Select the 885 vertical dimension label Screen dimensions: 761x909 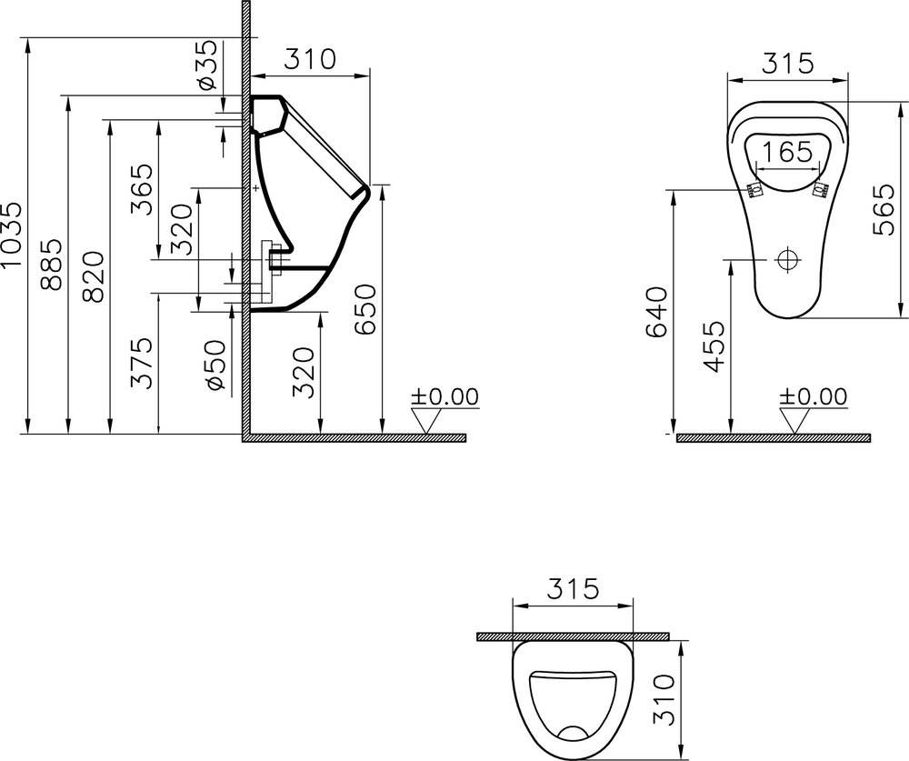53,265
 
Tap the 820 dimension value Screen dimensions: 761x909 96,275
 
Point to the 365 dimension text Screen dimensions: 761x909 142,189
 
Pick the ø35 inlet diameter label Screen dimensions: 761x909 208,65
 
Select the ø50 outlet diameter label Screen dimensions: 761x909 215,365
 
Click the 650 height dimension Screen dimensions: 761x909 364,308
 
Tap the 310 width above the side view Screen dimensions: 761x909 311,59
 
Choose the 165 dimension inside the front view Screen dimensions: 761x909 786,152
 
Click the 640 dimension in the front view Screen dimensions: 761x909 656,312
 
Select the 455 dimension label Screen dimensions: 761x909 714,346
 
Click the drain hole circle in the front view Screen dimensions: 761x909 787,260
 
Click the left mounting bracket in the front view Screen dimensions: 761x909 753,190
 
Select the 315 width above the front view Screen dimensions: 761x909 786,64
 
